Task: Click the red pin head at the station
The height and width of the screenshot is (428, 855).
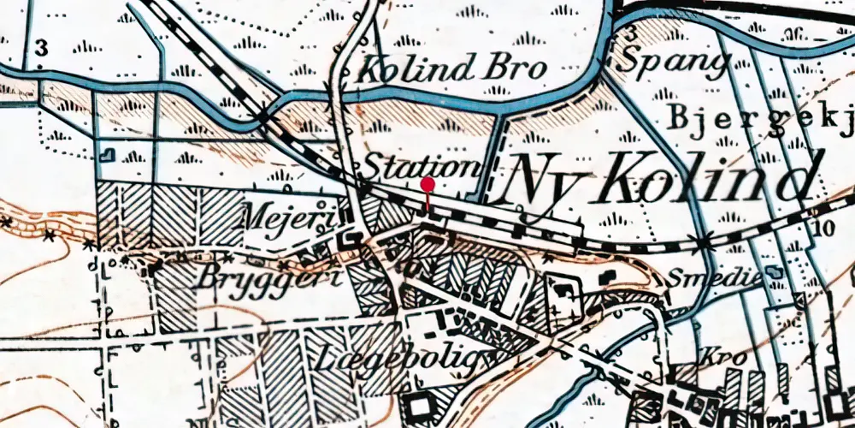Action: (x=427, y=183)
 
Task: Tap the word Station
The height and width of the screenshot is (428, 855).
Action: (x=418, y=166)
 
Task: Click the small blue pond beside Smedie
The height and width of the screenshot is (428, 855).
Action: (x=776, y=272)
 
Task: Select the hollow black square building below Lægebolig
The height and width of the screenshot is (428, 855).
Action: (x=422, y=405)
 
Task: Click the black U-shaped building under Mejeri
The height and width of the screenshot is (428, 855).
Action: (x=350, y=241)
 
